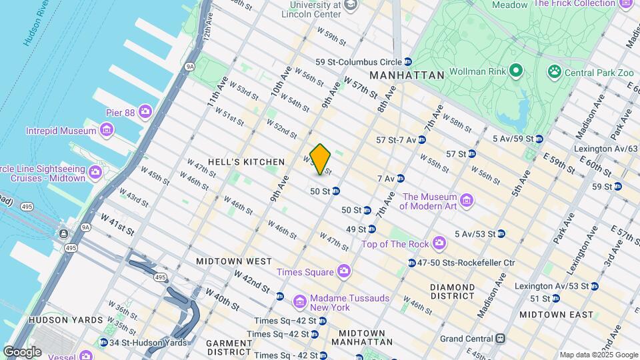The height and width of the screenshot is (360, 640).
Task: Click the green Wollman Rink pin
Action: (515, 70)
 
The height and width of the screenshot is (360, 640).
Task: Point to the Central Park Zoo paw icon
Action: (553, 70)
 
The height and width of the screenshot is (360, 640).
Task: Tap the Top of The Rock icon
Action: (439, 244)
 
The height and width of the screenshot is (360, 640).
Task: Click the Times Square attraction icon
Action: (343, 271)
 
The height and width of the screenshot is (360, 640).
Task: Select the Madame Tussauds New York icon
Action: (300, 302)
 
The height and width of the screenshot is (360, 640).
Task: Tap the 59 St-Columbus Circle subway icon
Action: (407, 62)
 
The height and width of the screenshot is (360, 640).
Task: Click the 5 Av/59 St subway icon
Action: (539, 139)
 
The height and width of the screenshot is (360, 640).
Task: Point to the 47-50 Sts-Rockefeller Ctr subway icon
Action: (412, 263)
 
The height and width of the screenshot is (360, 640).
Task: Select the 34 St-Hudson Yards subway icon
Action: (104, 343)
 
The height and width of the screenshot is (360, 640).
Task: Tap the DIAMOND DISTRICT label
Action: (452, 292)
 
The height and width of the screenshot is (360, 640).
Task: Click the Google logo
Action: (22, 351)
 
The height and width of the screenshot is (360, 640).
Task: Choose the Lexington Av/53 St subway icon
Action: (595, 286)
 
